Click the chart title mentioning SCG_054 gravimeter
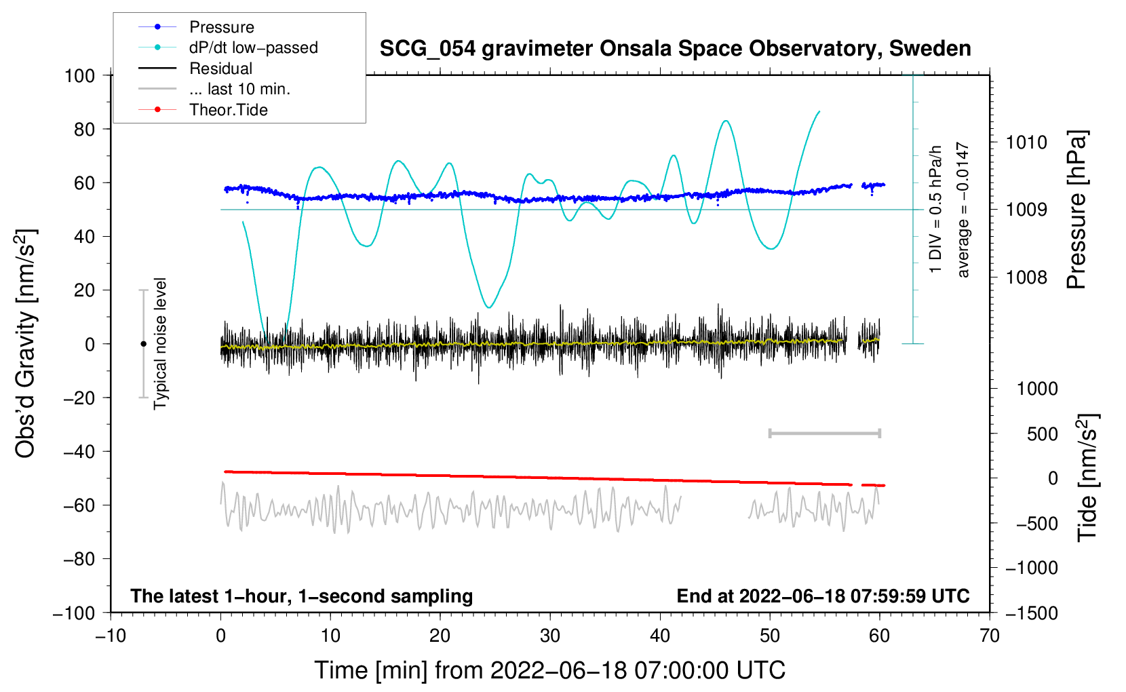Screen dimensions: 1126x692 point(675,49)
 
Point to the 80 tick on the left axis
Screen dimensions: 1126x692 point(84,130)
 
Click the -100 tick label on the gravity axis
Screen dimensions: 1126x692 point(75,613)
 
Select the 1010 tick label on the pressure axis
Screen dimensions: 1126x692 point(1026,142)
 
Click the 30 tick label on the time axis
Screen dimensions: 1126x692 point(550,636)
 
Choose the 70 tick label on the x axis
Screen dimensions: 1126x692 point(989,636)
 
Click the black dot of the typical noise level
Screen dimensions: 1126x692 point(143,344)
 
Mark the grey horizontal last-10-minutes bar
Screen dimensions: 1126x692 point(825,433)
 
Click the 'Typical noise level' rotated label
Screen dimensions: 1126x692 point(160,343)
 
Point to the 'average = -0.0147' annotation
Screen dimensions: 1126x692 point(963,209)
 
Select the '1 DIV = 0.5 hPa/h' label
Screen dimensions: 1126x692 point(935,209)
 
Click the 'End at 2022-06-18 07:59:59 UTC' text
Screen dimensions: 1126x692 point(823,596)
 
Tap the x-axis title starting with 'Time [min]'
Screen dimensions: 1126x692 point(550,670)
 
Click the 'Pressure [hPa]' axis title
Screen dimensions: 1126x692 point(1076,210)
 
